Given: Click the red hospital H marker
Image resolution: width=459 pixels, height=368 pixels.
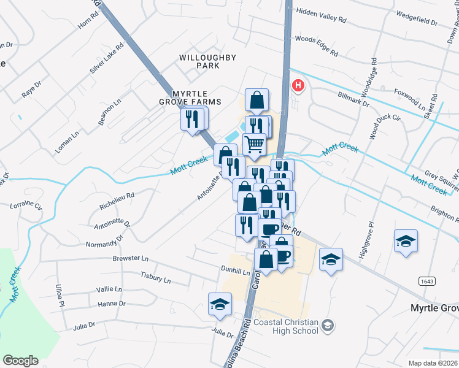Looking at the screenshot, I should click(x=298, y=85).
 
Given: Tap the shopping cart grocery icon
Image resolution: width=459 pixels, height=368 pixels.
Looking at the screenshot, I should click(x=254, y=145).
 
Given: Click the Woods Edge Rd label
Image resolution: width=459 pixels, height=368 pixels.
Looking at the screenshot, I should click(x=317, y=46).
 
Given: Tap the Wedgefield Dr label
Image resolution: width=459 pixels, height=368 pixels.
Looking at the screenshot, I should click(x=417, y=18).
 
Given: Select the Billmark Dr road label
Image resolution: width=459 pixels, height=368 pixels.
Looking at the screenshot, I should click(x=353, y=99).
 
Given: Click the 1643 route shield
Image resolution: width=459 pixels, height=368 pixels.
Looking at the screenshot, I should click(x=428, y=281).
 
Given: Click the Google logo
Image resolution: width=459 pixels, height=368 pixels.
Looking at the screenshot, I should click(x=20, y=361).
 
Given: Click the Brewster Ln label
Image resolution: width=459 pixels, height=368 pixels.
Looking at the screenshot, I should click(x=130, y=259).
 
